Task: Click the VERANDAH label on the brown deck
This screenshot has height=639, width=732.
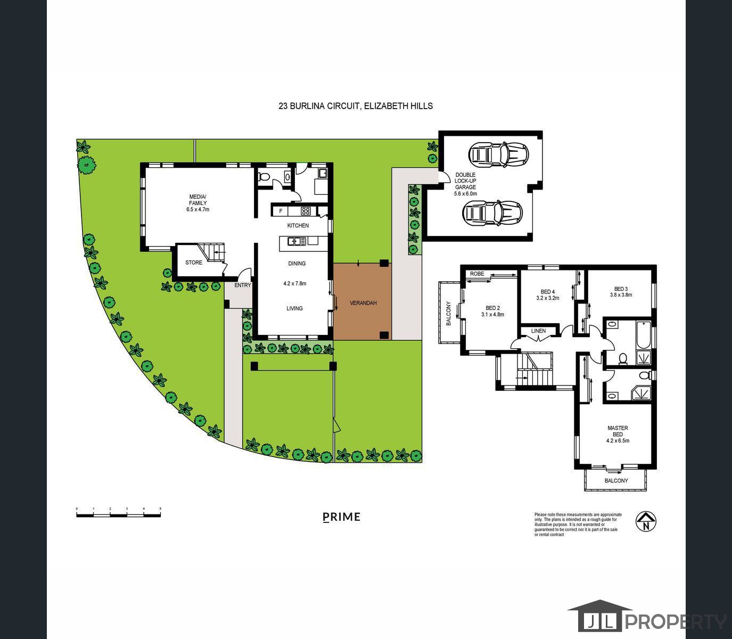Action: pyautogui.click(x=363, y=303)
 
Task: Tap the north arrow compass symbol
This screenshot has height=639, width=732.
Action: pyautogui.click(x=646, y=521)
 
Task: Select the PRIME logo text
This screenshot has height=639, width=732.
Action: pyautogui.click(x=342, y=517)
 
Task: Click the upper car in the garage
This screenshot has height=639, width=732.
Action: pyautogui.click(x=498, y=154)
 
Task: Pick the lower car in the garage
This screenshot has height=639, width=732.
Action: pyautogui.click(x=492, y=213)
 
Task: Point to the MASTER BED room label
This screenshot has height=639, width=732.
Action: pyautogui.click(x=618, y=431)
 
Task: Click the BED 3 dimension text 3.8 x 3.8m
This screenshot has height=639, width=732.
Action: pyautogui.click(x=621, y=295)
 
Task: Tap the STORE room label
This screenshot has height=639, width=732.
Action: pyautogui.click(x=193, y=263)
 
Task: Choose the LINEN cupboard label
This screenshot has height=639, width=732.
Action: pyautogui.click(x=538, y=331)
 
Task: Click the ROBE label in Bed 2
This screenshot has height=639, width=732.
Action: pyautogui.click(x=477, y=274)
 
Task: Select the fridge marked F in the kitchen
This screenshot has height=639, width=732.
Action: pyautogui.click(x=281, y=211)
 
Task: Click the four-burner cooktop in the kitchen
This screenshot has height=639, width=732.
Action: pyautogui.click(x=306, y=211)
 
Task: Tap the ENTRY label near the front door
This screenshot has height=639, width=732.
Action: pyautogui.click(x=242, y=285)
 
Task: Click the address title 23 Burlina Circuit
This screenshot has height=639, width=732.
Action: pyautogui.click(x=356, y=106)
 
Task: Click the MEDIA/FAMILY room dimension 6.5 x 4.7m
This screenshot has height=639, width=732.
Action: pyautogui.click(x=198, y=210)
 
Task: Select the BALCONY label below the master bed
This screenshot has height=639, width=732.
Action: pyautogui.click(x=616, y=481)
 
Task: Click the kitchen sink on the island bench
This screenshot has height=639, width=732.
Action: pyautogui.click(x=297, y=241)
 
